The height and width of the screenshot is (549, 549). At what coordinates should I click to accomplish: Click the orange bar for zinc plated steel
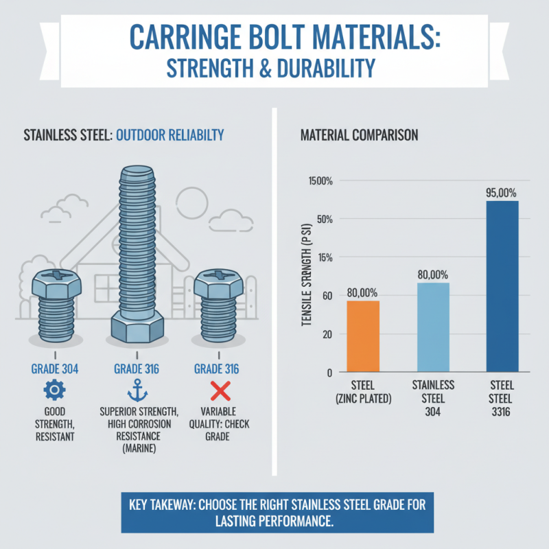point(363,336)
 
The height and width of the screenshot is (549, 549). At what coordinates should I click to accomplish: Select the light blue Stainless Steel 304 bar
point(433,327)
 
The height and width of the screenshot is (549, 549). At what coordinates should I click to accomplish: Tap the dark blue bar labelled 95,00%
point(502,286)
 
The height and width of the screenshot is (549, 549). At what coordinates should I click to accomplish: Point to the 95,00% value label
point(501,193)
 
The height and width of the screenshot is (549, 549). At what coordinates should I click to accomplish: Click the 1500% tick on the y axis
point(319,181)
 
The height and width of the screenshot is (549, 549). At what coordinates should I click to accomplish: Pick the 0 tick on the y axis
point(329,373)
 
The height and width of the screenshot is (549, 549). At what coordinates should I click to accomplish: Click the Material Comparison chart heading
point(359,135)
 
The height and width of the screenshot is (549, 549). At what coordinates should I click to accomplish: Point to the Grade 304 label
point(55,369)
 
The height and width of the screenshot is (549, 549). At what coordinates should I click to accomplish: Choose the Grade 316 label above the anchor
point(137,369)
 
